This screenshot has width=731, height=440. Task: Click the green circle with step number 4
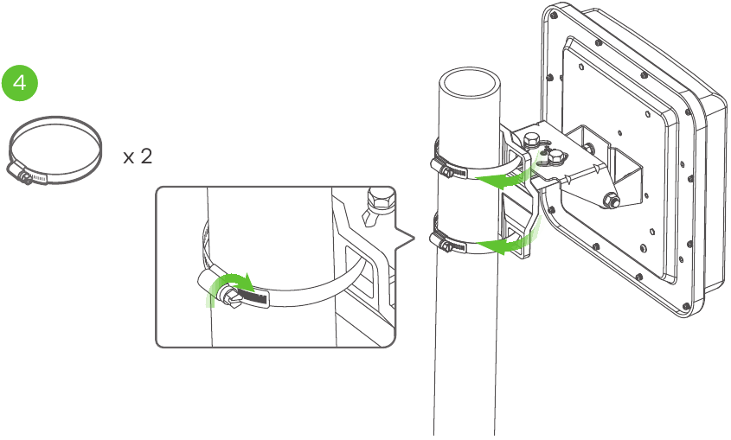pos(20,83)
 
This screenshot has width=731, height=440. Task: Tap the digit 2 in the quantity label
pos(146,156)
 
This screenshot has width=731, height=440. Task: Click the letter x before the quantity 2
pos(129,158)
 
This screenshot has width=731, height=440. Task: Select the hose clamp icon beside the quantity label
pos(55,150)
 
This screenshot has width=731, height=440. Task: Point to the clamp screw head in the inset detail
pos(229,298)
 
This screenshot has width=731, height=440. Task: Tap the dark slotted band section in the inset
pos(253,297)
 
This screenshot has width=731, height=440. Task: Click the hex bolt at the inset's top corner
pos(381,198)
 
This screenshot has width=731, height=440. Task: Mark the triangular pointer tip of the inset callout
pos(414,239)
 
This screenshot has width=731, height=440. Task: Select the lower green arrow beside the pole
pos(508,242)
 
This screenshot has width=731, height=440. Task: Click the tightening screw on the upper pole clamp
pos(447,172)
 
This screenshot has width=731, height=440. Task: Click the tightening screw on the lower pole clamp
pos(446,246)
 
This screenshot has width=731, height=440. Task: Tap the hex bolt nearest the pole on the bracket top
pos(531,141)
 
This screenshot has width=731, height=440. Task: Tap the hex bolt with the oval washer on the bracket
pos(555,156)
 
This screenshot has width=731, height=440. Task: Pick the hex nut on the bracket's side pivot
pos(611,201)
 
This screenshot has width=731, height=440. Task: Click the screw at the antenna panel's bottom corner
pos(685,306)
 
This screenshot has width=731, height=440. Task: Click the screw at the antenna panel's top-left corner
pos(555,15)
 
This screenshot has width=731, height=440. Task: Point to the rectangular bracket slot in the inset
pos(359,271)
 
